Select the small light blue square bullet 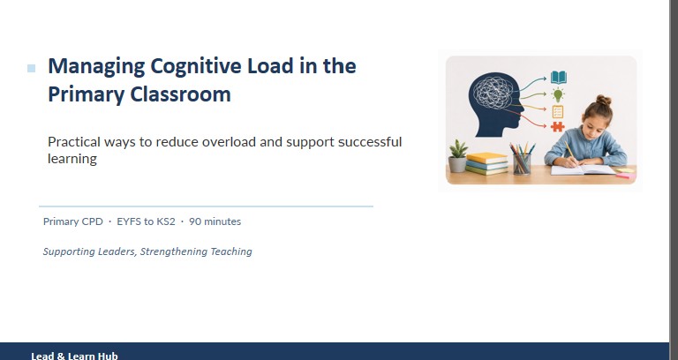31,68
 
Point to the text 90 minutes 215,221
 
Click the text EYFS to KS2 147,221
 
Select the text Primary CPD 73,221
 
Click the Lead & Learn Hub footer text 74,356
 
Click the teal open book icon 558,78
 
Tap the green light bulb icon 558,94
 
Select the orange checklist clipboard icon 558,111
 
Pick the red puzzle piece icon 557,127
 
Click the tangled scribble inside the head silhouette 493,92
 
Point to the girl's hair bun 604,101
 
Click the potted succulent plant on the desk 457,156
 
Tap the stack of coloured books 487,164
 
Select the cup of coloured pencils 522,160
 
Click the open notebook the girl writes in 584,169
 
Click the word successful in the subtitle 370,142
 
